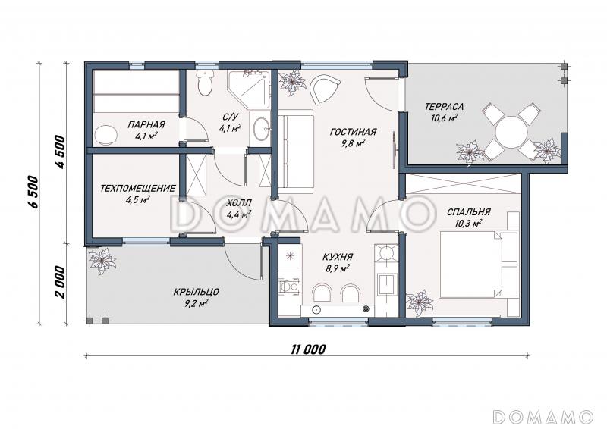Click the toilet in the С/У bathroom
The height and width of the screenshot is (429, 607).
(204, 83)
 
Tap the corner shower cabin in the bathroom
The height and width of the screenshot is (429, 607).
(248, 89)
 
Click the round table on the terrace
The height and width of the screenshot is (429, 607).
(511, 132)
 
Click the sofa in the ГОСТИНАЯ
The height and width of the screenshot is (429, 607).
(296, 152)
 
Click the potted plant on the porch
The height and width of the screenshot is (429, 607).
(102, 261)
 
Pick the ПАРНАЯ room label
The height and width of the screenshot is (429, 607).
(146, 124)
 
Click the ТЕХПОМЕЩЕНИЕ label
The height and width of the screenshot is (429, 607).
(137, 189)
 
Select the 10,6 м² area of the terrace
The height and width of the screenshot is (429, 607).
(444, 117)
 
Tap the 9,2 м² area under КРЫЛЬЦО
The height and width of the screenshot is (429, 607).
(197, 303)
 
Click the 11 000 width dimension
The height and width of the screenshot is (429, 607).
(308, 349)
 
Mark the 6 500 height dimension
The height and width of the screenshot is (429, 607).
(34, 193)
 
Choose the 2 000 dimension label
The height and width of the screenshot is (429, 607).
(60, 282)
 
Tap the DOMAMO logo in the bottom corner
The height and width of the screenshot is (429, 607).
(543, 417)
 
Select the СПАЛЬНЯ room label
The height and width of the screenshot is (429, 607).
(468, 212)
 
